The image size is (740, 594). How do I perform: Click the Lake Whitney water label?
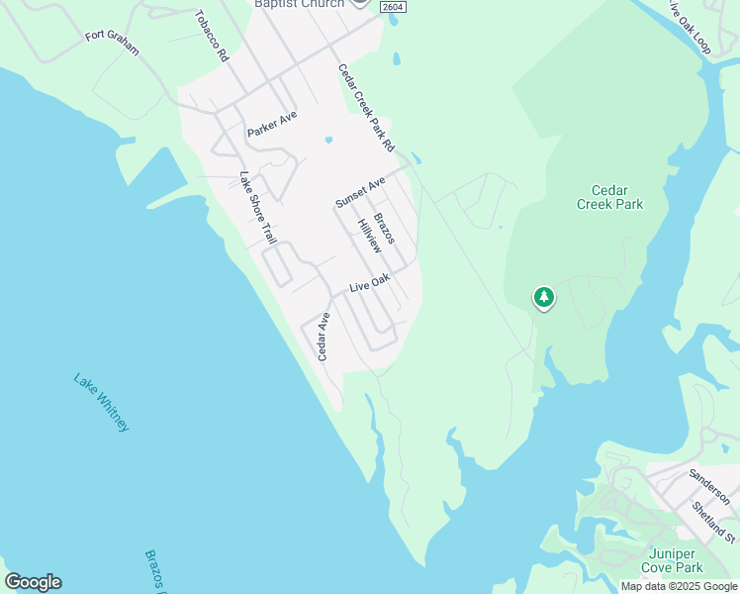(x=101, y=401)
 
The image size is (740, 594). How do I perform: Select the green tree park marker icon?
(x=543, y=297)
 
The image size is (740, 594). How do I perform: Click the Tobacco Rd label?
(x=212, y=37)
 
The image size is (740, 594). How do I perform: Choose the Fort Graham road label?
(x=112, y=43)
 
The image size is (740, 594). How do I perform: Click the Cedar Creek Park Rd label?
(x=366, y=109)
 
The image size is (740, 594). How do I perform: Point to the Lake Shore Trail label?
(x=257, y=208)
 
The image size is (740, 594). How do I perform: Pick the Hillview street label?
(x=370, y=237)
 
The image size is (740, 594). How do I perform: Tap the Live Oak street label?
(x=369, y=284)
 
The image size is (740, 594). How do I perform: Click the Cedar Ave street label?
(x=324, y=336)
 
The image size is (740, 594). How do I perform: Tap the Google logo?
(x=33, y=582)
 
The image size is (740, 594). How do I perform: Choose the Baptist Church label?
(x=300, y=4)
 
